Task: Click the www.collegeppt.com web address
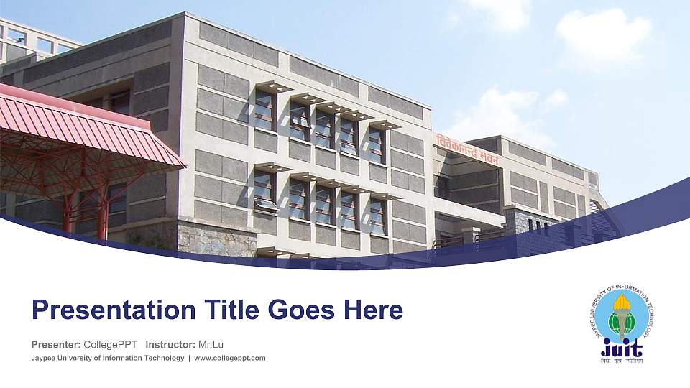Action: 230,358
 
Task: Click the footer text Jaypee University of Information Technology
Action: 107,358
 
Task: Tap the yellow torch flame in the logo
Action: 622,302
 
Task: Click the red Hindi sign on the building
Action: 468,149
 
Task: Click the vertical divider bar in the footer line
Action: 189,358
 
